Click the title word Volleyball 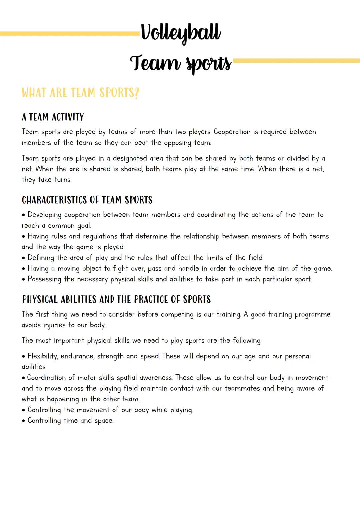coord(181,33)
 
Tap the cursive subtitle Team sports coord(180,63)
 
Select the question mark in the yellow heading coord(136,93)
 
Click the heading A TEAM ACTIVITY coord(53,117)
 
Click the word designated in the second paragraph coord(130,158)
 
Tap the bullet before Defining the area coord(24,258)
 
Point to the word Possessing coord(44,279)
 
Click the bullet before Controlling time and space coord(24,421)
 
